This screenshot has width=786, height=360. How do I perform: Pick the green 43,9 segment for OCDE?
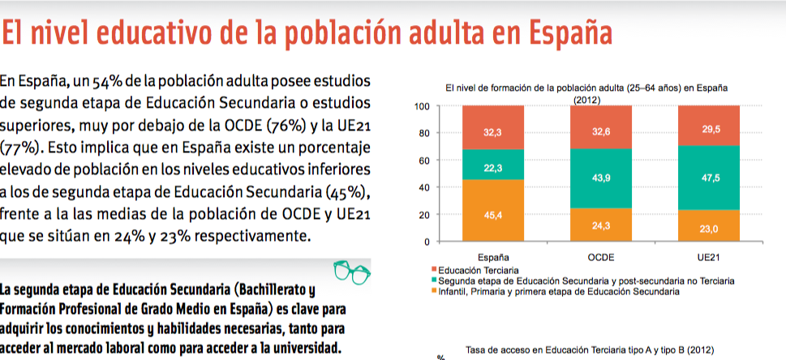(600, 179)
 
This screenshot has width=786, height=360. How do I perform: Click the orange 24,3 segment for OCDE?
(600, 225)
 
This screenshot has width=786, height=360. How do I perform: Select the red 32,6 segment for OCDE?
(600, 127)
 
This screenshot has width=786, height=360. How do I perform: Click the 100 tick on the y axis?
(422, 106)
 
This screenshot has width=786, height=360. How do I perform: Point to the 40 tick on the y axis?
(424, 188)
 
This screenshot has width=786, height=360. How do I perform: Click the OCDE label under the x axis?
(600, 256)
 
